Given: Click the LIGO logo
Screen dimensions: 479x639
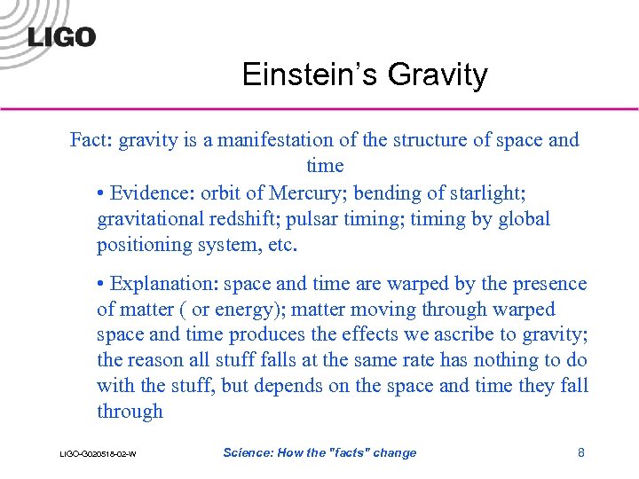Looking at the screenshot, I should (61, 36).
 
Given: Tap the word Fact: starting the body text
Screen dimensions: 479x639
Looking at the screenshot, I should (91, 140).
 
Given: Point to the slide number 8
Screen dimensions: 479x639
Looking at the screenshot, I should (581, 452).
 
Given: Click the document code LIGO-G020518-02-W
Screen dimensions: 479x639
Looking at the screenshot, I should (98, 454).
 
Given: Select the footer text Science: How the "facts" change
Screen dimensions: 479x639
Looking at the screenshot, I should (319, 452).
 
